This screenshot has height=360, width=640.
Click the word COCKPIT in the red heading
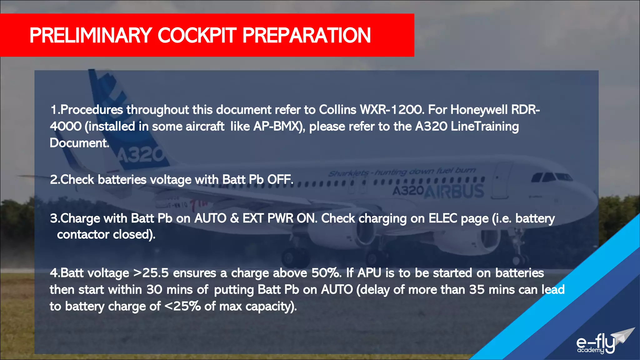coord(196,35)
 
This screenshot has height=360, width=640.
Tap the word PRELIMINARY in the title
coord(91,35)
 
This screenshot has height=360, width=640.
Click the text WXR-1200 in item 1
coord(392,110)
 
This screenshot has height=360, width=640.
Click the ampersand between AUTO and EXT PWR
coord(234,218)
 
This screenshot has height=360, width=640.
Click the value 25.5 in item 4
coord(155,273)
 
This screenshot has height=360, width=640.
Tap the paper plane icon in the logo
coord(624,336)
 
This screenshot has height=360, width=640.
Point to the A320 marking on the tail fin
coord(141,154)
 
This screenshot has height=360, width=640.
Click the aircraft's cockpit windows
coord(552,177)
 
